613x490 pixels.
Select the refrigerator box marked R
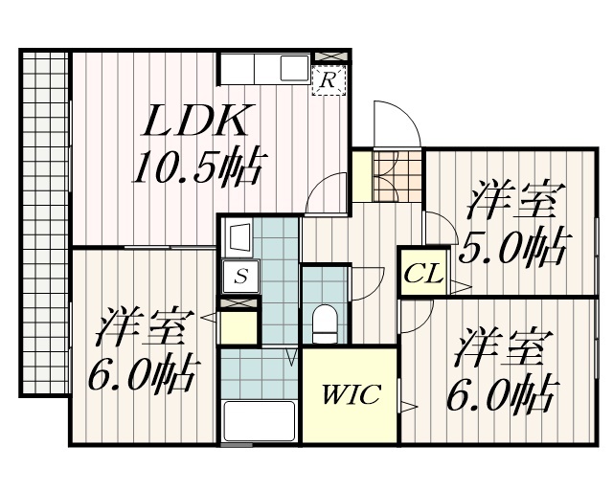(328, 80)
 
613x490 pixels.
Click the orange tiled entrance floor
(398, 175)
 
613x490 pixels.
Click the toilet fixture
(326, 323)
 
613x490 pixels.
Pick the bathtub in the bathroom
(260, 420)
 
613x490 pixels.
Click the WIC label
(351, 394)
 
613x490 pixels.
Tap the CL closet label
(421, 275)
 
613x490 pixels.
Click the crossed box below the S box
(238, 302)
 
